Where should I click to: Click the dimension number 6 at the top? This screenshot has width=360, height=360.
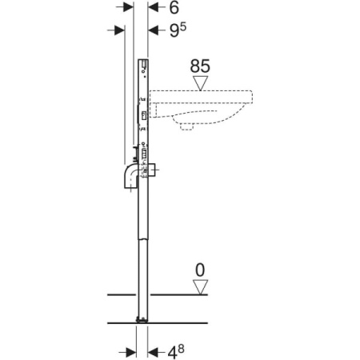click(174, 8)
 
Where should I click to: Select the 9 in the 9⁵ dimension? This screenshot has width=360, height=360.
click(174, 31)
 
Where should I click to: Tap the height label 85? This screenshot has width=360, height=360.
click(200, 66)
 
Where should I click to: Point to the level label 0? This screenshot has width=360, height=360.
click(200, 270)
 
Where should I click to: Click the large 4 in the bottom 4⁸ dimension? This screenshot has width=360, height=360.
click(173, 354)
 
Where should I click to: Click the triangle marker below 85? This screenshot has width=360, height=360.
click(201, 83)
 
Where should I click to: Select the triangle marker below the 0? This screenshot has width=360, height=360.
click(200, 287)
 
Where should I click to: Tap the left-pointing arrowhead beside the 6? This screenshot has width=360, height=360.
click(154, 7)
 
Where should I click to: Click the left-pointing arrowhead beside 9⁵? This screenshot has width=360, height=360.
click(154, 30)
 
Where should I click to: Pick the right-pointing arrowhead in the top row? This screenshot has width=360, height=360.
click(128, 7)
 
